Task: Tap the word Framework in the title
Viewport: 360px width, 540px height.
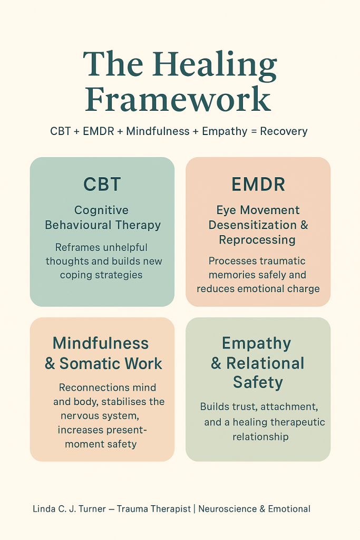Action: coord(178,100)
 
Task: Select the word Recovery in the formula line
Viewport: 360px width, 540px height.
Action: coord(283,131)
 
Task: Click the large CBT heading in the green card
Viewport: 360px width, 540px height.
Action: coord(102,184)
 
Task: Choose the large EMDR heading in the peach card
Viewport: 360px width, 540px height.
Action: coord(258,184)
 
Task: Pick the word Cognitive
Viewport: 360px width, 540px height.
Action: coord(101,210)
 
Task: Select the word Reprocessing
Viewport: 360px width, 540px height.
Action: coord(258,240)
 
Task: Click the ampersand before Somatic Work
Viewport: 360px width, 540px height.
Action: coord(50,364)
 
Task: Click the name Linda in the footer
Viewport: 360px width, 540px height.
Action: coord(44,509)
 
